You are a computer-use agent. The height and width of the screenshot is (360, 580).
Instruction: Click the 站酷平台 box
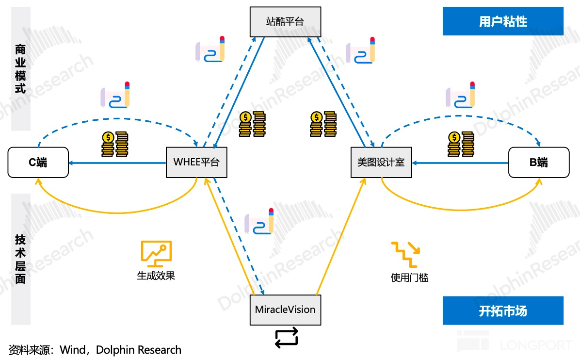coord(285,22)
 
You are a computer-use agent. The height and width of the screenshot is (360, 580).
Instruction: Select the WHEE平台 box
coord(196,162)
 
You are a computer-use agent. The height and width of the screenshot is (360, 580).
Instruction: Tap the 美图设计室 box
coord(381,162)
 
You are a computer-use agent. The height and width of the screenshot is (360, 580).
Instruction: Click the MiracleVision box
coord(285,310)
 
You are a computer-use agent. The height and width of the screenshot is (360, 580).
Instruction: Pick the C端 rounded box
coord(38,162)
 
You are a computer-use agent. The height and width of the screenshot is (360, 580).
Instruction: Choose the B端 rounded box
coord(538,162)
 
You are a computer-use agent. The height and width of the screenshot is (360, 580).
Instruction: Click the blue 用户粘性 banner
coord(503,22)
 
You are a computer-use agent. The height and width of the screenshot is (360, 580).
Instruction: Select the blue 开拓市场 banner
coord(503,311)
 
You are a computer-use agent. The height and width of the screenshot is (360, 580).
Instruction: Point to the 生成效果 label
coord(156,276)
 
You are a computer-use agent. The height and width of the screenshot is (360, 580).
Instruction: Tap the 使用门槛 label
coord(409,278)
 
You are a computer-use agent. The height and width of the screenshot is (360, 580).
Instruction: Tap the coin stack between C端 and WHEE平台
coord(114,144)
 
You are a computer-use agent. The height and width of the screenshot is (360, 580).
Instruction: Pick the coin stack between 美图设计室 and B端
coord(460,144)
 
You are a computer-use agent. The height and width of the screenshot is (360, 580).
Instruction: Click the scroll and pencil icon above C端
coord(115,95)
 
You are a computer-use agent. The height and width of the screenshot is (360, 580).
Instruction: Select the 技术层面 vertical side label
coord(20,259)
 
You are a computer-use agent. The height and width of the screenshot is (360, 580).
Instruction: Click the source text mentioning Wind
coord(95,350)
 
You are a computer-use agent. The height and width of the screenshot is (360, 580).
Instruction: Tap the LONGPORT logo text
coord(535,345)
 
